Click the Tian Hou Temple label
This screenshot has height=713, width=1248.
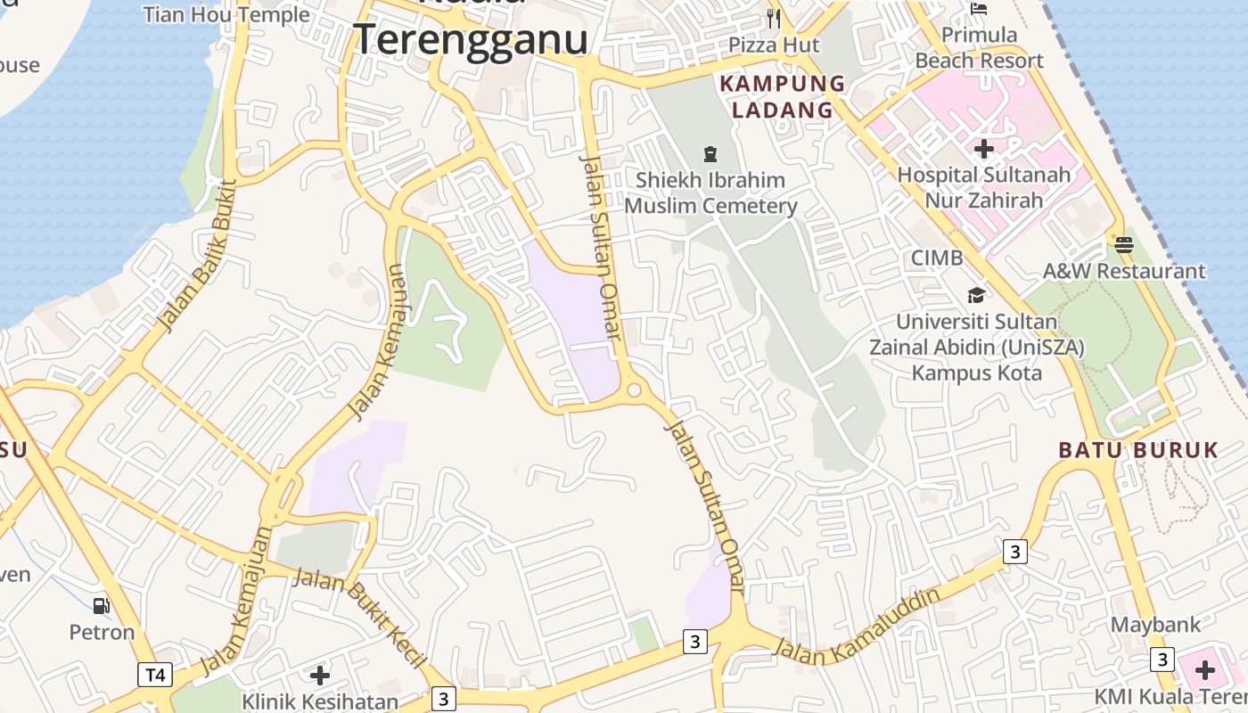coord(226,14)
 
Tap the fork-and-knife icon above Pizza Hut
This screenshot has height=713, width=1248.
coord(774,18)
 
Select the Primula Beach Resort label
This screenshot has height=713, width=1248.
coord(979,48)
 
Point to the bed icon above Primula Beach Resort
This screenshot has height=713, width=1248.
coord(979,10)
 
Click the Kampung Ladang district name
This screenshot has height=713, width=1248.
coord(783,97)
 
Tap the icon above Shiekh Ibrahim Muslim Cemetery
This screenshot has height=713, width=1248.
coord(710,155)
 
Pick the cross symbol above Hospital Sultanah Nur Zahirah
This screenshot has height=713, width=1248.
coord(984,148)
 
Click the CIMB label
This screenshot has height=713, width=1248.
coord(937,258)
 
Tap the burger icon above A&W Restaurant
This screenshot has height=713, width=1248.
coord(1123,244)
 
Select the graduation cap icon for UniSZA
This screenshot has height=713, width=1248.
coord(977,295)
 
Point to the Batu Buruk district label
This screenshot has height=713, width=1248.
coord(1138,449)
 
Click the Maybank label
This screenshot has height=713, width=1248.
coord(1155,625)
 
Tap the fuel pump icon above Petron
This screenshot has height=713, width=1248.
coord(102,606)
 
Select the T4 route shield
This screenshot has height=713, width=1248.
coord(155,675)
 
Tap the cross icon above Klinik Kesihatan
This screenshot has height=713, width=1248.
coord(320,675)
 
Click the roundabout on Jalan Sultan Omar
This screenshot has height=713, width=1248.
coord(635,389)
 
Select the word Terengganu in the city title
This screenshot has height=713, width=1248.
coord(471,39)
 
